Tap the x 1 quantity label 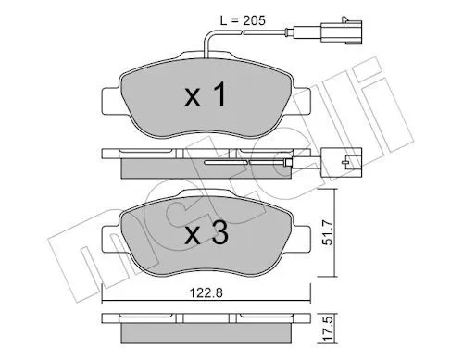click(206, 94)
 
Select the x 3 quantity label click(206, 233)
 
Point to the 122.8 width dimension click(206, 292)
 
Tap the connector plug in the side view click(341, 162)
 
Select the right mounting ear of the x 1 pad click(300, 101)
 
